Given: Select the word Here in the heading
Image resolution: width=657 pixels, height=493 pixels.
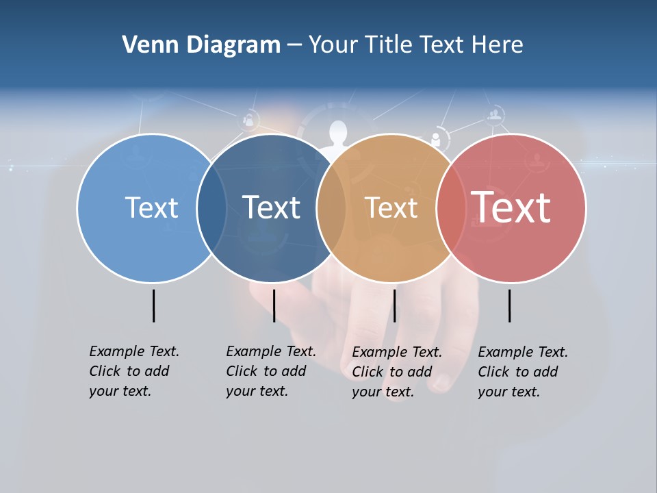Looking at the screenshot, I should [498, 45].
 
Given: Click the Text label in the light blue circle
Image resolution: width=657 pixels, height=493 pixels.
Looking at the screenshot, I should [151, 207].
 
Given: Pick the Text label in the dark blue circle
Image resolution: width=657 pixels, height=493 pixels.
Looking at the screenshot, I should [271, 207].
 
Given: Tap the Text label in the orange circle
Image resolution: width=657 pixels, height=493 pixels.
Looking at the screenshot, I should [391, 207].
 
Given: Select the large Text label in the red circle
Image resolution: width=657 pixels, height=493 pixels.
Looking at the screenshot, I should [511, 207].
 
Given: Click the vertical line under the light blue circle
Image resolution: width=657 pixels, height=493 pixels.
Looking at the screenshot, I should [153, 305].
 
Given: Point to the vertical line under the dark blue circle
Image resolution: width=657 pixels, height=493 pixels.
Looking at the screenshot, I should [274, 305].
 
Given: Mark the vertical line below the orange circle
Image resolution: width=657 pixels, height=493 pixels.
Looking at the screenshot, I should [394, 305].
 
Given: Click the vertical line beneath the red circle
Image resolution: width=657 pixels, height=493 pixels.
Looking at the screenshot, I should [510, 305].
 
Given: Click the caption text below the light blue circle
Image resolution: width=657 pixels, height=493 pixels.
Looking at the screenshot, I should [134, 371].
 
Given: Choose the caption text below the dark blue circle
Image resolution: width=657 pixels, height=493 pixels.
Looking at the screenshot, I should [271, 371].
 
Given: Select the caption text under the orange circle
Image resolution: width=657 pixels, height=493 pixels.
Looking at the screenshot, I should [397, 372].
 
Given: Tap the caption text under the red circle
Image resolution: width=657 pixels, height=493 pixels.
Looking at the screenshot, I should [523, 372].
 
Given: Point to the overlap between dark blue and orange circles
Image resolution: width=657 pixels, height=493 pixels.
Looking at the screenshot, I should [331, 207].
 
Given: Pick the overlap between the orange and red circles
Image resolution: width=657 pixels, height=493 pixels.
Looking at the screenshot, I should [450, 207].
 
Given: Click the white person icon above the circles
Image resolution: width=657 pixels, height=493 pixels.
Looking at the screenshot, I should [337, 133].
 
